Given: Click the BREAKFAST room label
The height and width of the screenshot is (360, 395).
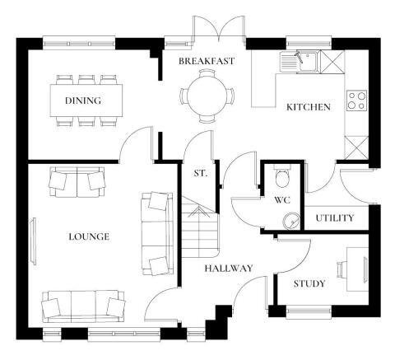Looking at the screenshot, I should point(207,61).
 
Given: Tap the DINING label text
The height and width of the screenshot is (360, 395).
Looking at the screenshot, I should point(82,101).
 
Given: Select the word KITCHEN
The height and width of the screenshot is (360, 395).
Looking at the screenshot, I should point(308,107).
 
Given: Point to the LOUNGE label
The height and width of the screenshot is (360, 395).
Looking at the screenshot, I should point(89,236).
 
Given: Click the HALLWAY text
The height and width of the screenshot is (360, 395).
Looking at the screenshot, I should point(229,268).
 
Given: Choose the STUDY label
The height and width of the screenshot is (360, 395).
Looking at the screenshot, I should point(309,284).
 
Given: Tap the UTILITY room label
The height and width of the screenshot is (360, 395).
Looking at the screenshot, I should point(335,218).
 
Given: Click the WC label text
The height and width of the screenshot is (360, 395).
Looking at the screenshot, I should point(281,199).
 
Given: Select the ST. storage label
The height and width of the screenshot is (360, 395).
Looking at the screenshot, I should point(200,174).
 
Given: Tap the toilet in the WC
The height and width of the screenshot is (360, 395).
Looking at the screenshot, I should point(282,176).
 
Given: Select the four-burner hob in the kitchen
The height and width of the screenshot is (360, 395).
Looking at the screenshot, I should point(357,101).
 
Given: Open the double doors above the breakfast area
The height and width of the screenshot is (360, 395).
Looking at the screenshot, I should point(220,29).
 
